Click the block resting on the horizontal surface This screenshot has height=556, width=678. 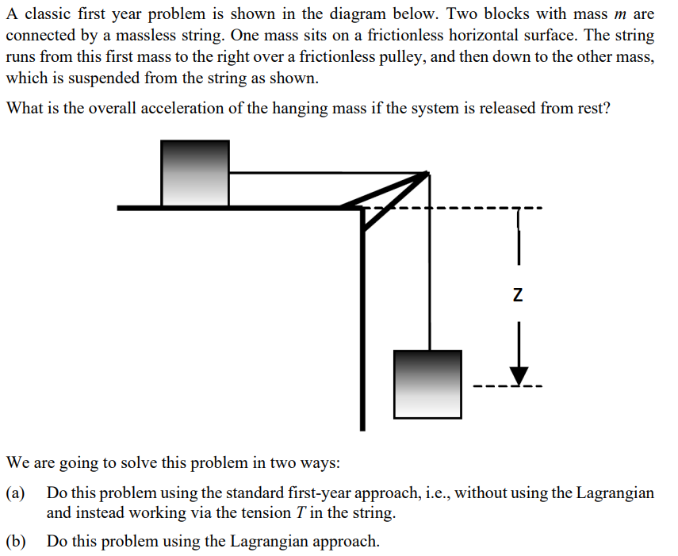195,173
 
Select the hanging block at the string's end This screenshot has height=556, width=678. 428,384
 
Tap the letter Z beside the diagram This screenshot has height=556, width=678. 518,296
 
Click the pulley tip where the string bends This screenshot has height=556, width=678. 427,174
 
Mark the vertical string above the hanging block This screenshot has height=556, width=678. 429,262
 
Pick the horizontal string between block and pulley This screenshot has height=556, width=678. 325,172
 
